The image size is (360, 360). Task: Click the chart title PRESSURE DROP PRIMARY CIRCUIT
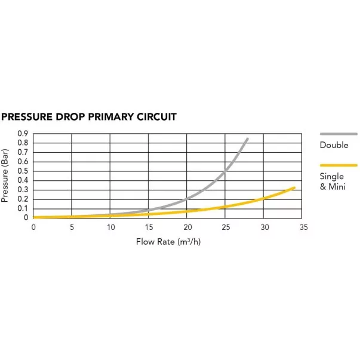pos(90,116)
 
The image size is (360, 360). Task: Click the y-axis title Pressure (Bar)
pos(5,176)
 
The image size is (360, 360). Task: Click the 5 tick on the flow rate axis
pos(72,227)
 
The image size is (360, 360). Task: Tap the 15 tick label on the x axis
pos(149,227)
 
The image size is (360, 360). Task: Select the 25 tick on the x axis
pos(226,227)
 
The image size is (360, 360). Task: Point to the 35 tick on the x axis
pos(303,227)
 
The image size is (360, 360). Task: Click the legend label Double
pos(334,145)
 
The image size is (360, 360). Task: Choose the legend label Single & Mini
pos(332,182)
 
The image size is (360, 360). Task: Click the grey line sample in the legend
pos(339,133)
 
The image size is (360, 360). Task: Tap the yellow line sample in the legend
pos(339,165)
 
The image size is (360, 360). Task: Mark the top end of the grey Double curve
pos(248,139)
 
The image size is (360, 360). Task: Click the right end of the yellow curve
pos(294,187)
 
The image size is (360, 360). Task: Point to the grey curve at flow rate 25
pos(226,171)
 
